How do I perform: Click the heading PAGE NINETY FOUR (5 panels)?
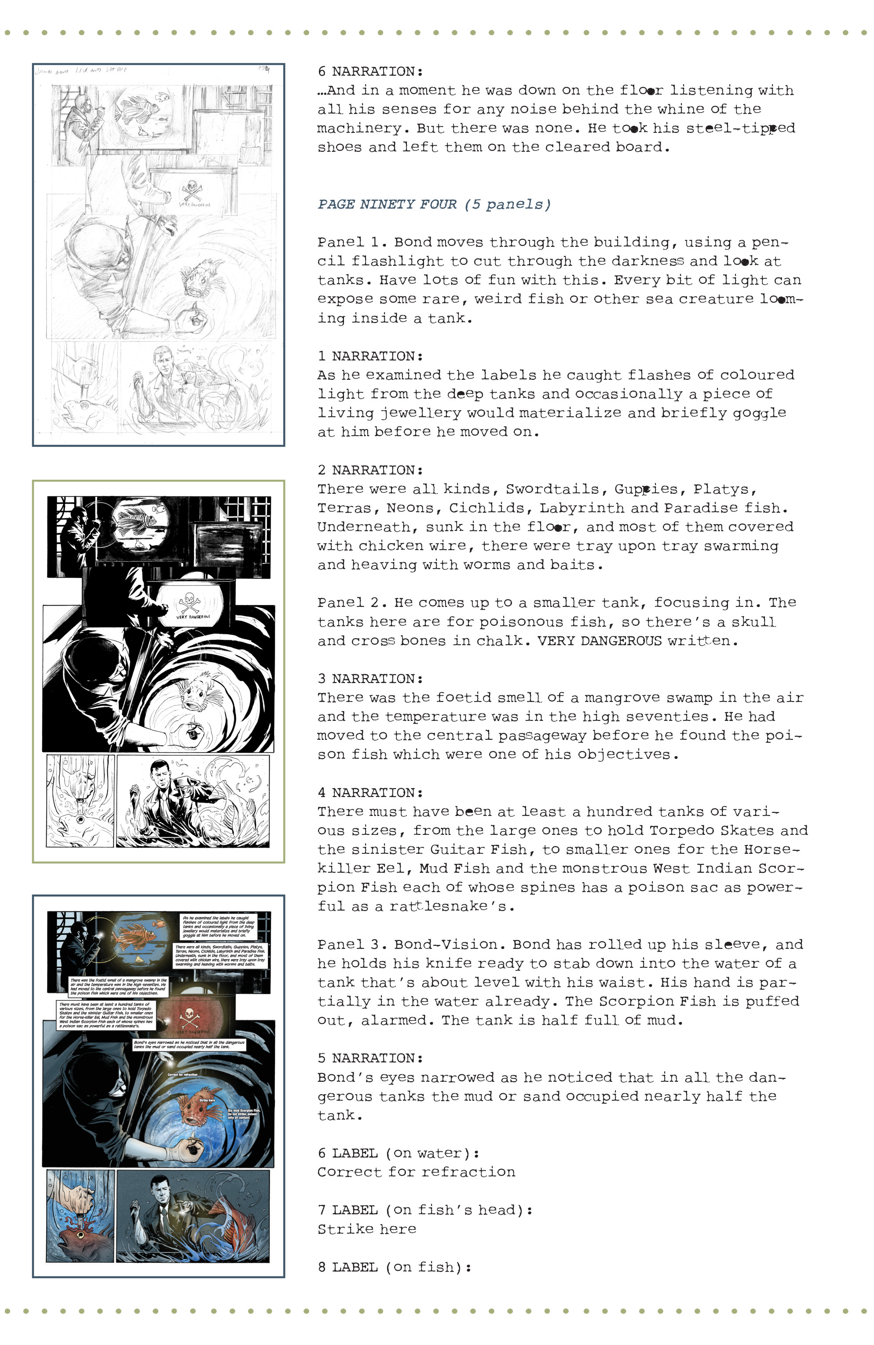point(433,204)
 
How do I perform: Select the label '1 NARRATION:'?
point(370,356)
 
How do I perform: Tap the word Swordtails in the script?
point(552,489)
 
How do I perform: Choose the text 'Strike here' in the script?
point(367,1229)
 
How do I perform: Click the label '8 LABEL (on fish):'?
point(395,1267)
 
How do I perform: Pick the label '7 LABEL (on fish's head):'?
point(425,1210)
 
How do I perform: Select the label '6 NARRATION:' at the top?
point(370,71)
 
